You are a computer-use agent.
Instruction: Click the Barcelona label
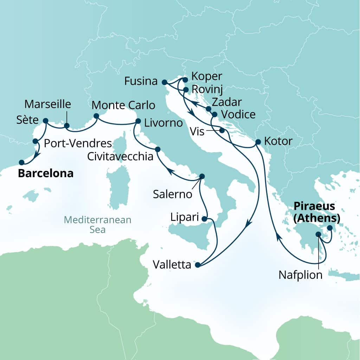[x=46, y=173]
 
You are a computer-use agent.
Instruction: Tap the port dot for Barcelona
[x=21, y=162]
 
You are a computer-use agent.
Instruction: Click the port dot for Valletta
[x=197, y=265]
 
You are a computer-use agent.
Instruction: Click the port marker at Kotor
[x=258, y=142]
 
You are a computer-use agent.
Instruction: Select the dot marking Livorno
[x=138, y=121]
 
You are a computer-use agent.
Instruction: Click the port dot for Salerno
[x=202, y=176]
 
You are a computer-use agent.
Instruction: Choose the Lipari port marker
[x=205, y=219]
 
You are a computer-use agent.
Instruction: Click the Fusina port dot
[x=164, y=82]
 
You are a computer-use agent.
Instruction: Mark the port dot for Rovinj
[x=186, y=90]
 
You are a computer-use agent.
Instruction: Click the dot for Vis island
[x=222, y=131]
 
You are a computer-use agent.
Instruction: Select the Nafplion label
[x=301, y=275]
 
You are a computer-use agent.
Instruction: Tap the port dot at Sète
[x=45, y=121]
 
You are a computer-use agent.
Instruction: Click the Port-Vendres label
[x=78, y=143]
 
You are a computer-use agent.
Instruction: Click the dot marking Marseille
[x=66, y=126]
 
